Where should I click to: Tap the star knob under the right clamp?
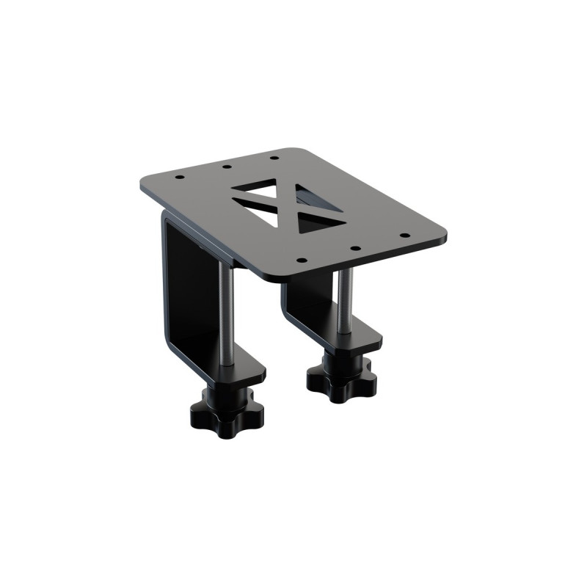point(342,378)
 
